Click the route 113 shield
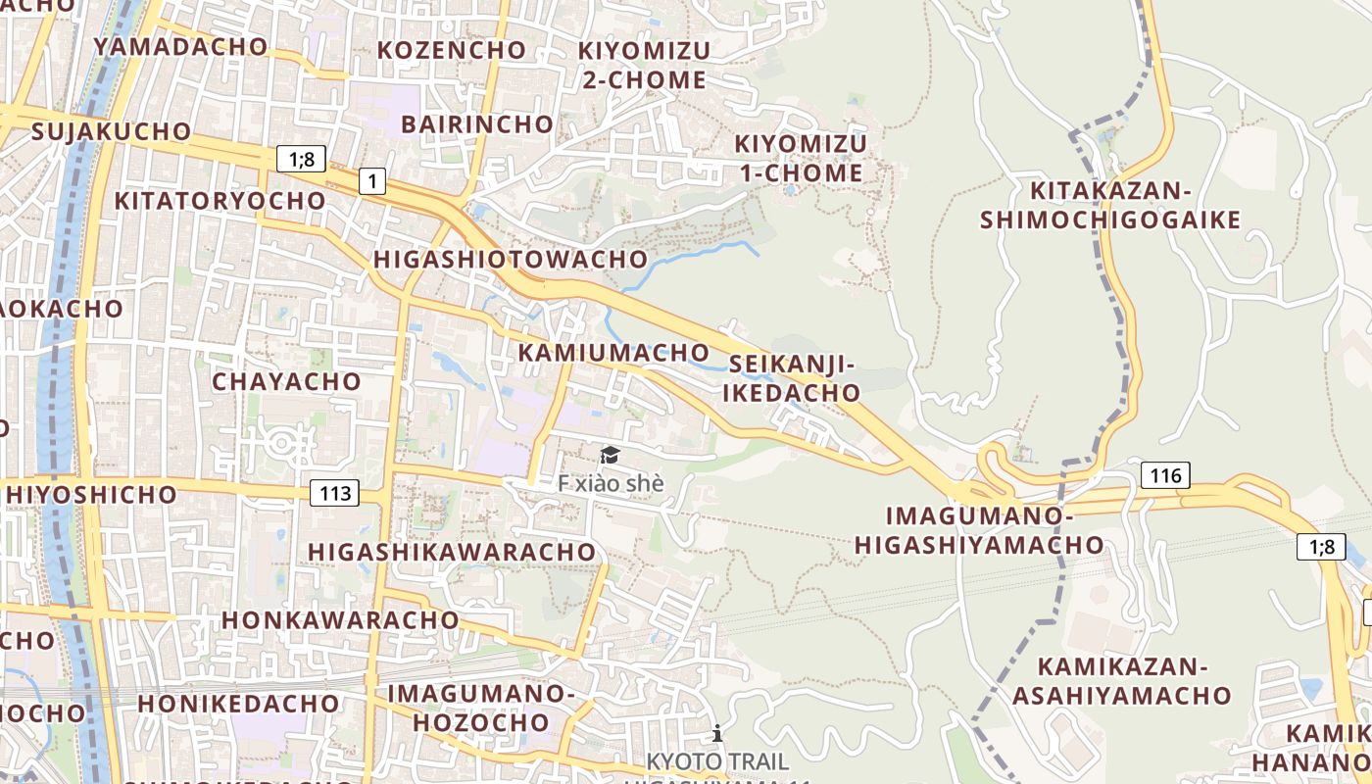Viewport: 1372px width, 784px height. coord(334,493)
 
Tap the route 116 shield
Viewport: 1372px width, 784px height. coord(1165,476)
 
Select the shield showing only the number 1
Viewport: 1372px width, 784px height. coord(372,180)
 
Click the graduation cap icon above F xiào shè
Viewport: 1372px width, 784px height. coord(610,455)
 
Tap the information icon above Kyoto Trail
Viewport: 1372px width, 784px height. coord(717,733)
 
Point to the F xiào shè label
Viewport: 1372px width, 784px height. coord(611,483)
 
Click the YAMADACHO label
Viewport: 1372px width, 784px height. coord(180,46)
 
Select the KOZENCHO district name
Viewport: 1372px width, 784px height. coord(452,49)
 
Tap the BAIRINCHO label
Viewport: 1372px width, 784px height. coord(477,124)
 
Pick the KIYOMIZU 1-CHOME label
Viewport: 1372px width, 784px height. coord(800,159)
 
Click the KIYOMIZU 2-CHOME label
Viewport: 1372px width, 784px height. coord(643,65)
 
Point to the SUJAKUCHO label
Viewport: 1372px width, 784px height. coord(112,131)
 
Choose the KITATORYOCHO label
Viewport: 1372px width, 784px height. coord(220,200)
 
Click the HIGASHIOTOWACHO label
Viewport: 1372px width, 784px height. coord(511,259)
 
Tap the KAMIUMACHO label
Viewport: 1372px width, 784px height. coord(613,352)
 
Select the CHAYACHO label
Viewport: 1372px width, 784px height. coord(286,381)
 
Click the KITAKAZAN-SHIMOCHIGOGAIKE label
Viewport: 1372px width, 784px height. coord(1110,205)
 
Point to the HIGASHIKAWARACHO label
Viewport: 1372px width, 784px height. coord(452,552)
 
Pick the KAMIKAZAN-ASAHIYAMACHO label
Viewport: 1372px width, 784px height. coord(1121,681)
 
